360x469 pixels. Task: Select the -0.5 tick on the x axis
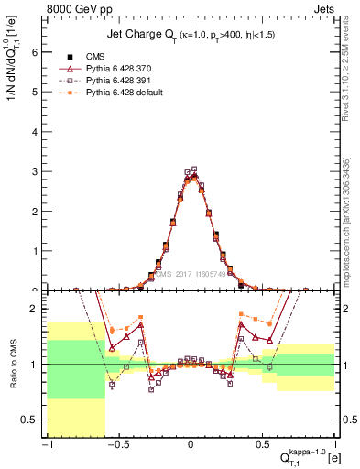(x=118, y=446)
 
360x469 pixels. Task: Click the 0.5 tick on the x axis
(x=263, y=446)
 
